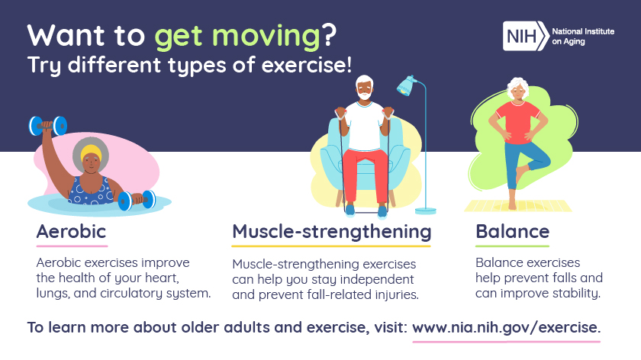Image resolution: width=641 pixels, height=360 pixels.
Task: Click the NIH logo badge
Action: [x=525, y=35]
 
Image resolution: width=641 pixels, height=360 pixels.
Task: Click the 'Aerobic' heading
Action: [x=71, y=231]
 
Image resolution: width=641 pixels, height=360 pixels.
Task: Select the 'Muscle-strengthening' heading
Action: [x=331, y=231]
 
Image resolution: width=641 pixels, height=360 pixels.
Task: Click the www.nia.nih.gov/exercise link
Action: [x=506, y=328]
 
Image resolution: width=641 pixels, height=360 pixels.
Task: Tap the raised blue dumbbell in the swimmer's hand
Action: [x=47, y=125]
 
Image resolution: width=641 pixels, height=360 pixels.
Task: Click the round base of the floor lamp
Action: [x=426, y=210]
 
